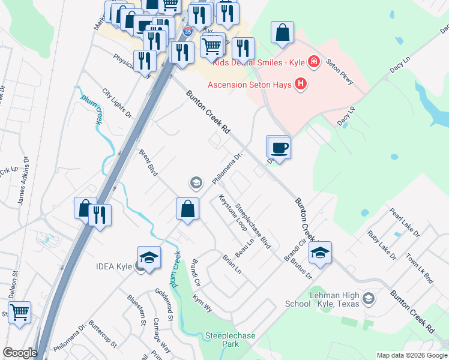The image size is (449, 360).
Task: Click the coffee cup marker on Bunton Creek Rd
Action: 279,146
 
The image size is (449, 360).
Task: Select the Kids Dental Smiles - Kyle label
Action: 259,62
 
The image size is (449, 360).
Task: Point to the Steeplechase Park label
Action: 222,340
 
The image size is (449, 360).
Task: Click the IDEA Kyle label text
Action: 115,266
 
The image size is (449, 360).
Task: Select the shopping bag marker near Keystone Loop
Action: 188,209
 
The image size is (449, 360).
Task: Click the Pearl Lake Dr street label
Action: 404,222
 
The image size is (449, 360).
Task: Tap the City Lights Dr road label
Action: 116,103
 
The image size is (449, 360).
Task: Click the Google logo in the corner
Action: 20,353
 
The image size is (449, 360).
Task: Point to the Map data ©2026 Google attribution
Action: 412,355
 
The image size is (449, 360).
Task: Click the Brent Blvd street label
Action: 148,163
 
